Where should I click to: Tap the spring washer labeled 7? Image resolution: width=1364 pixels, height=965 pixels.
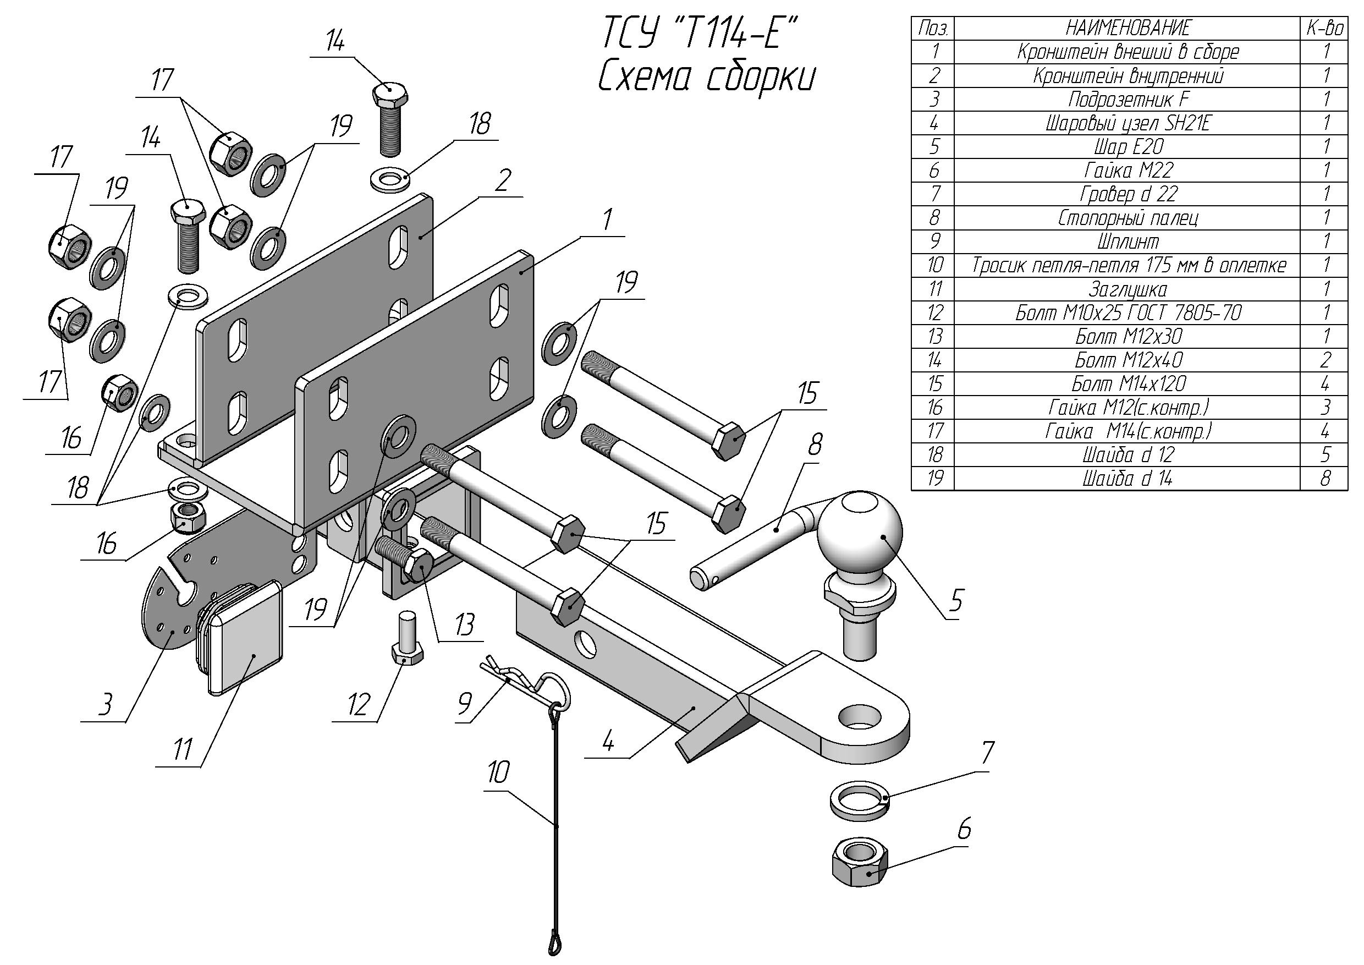(859, 799)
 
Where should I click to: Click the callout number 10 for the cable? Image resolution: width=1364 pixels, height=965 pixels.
(498, 773)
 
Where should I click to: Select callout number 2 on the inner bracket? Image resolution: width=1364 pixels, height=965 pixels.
(503, 180)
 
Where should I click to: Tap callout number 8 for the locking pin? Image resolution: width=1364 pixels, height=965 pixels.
(815, 444)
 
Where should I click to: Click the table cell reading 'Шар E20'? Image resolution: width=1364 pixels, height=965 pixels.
(1127, 147)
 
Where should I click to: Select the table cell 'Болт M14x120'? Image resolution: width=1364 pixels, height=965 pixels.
(1127, 384)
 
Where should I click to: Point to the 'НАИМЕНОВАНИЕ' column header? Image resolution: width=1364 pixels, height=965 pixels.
(1127, 28)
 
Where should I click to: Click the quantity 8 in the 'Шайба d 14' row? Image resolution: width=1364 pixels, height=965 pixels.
(1325, 478)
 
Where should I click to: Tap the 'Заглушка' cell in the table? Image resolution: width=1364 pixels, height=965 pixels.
(1127, 289)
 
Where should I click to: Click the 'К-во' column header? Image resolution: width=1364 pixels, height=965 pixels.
(1325, 28)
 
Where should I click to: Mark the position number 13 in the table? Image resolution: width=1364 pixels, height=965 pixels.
(934, 337)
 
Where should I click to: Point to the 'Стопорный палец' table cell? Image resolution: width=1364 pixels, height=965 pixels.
(1127, 218)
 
